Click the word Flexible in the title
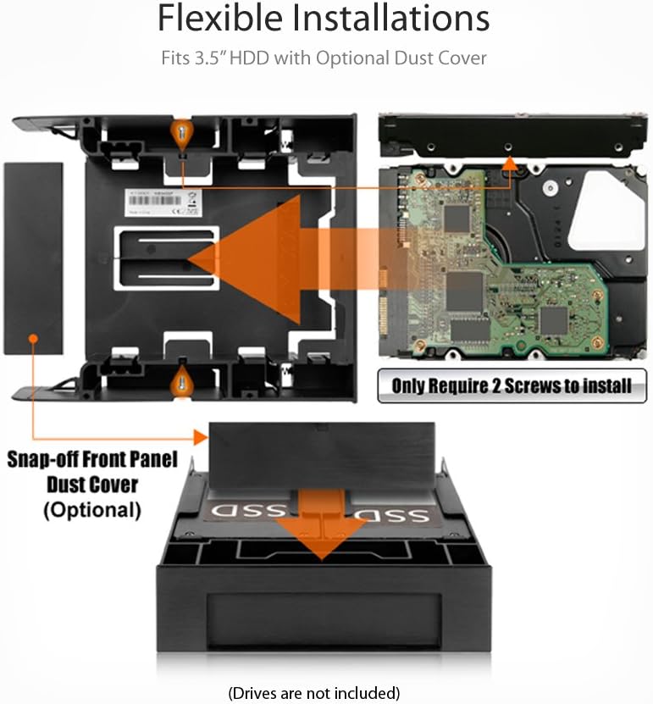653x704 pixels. point(222,19)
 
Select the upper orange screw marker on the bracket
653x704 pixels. point(181,131)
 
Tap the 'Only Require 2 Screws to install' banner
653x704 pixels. point(512,386)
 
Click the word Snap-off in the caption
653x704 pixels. point(50,461)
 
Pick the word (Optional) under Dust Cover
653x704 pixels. point(91,510)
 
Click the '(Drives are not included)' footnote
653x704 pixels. point(313,692)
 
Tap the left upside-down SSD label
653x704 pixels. point(246,511)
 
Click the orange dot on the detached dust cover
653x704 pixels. point(32,338)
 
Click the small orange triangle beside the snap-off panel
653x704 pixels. point(201,437)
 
